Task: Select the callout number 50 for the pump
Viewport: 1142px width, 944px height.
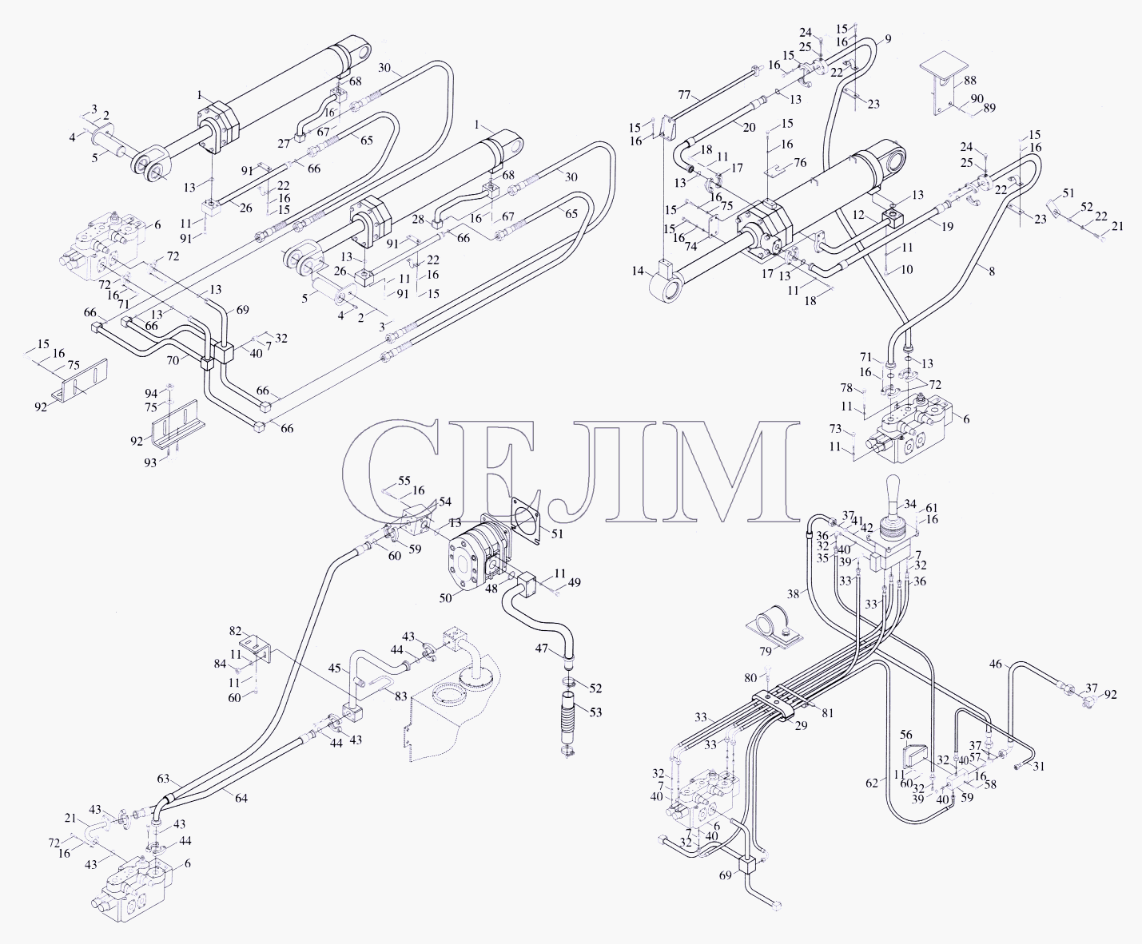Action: (x=446, y=598)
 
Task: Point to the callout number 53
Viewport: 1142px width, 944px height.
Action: (x=595, y=712)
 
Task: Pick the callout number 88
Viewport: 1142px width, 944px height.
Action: (x=969, y=81)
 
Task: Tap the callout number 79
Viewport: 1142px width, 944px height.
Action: (x=765, y=651)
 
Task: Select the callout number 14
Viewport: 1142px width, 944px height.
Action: (x=638, y=271)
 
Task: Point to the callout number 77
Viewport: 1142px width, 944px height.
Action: (x=684, y=95)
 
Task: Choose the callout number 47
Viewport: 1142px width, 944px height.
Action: (x=542, y=649)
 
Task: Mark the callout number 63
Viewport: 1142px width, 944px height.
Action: (x=163, y=779)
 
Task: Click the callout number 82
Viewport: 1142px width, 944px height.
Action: (x=235, y=631)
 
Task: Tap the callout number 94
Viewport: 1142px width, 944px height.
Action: (x=151, y=393)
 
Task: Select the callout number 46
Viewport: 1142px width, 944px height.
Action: (x=996, y=664)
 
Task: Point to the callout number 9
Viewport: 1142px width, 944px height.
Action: (x=888, y=39)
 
